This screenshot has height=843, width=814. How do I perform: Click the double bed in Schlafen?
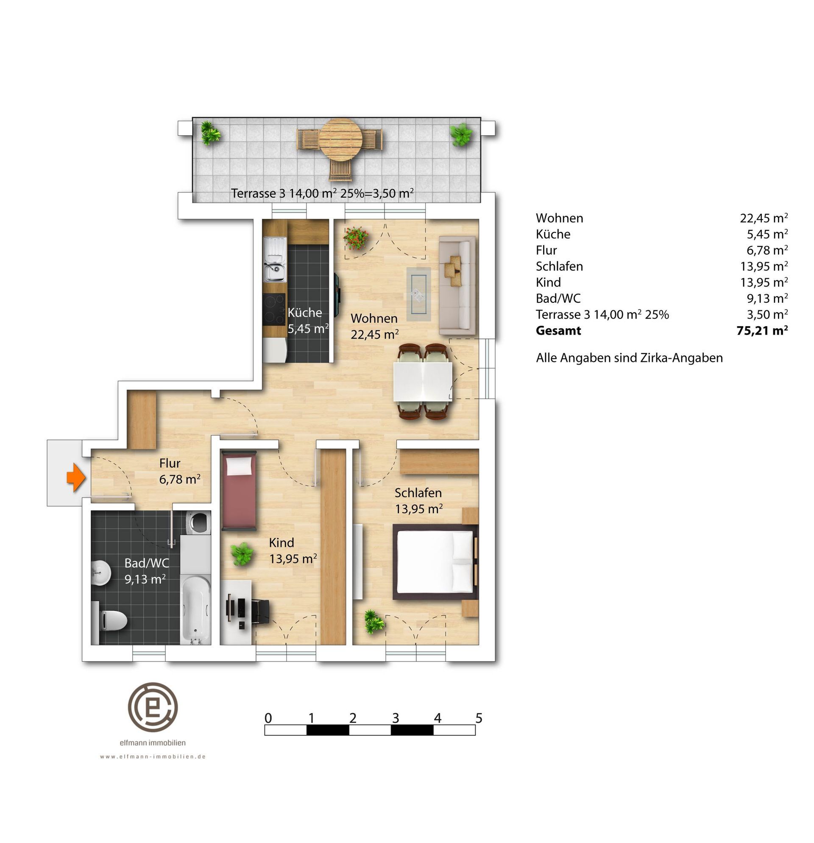pyautogui.click(x=435, y=562)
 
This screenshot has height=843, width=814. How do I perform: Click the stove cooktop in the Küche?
pyautogui.click(x=274, y=309)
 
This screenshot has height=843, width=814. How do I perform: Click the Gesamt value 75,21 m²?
pyautogui.click(x=762, y=330)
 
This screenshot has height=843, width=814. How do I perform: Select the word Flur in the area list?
pyautogui.click(x=546, y=250)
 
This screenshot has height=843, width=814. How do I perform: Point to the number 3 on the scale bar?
pyautogui.click(x=395, y=718)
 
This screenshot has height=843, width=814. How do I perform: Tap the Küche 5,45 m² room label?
pyautogui.click(x=307, y=321)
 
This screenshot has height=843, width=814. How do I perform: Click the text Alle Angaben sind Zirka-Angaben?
pyautogui.click(x=629, y=358)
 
